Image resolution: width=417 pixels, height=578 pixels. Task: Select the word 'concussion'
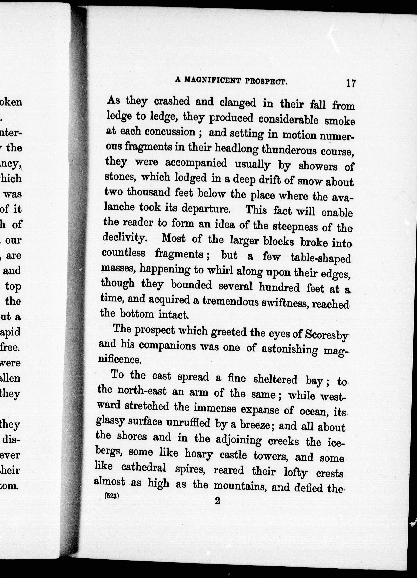pos(170,132)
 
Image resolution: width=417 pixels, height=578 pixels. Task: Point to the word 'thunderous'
pos(289,150)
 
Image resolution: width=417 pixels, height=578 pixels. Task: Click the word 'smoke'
pos(339,121)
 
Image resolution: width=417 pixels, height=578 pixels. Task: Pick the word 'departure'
pos(206,209)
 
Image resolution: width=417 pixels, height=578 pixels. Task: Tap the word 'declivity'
pos(124,238)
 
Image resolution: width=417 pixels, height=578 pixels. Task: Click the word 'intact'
pos(173,315)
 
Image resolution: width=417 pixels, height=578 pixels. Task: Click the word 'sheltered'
pos(275,379)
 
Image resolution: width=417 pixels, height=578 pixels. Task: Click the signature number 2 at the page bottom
pos(217,501)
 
